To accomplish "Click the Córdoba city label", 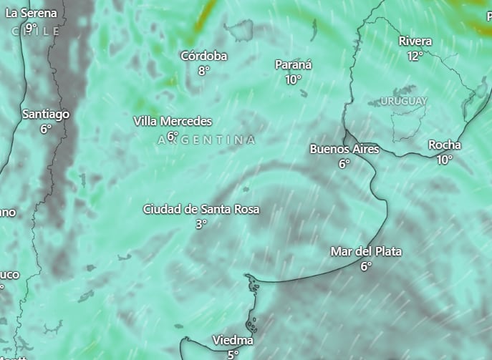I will tap(204, 56).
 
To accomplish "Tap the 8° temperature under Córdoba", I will tap(204, 70).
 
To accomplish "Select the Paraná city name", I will tap(294, 65).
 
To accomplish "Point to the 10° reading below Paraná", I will tap(294, 79).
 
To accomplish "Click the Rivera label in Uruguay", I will tap(415, 41).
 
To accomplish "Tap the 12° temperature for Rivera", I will tap(415, 55).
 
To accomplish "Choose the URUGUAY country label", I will tap(404, 101).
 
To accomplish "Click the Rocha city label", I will tap(445, 145).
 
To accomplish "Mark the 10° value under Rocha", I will tap(445, 160).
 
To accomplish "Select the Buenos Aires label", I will tap(344, 149).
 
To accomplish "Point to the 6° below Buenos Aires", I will tap(344, 163).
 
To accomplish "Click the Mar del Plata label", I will tap(366, 251).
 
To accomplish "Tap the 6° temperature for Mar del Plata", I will tap(366, 266).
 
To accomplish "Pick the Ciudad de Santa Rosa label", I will tap(201, 209).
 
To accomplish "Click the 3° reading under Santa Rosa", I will tap(201, 223).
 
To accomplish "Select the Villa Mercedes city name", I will tap(173, 121).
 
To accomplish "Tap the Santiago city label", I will tap(46, 114).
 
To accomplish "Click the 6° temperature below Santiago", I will tap(46, 129).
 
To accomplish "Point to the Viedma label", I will tap(233, 340).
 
